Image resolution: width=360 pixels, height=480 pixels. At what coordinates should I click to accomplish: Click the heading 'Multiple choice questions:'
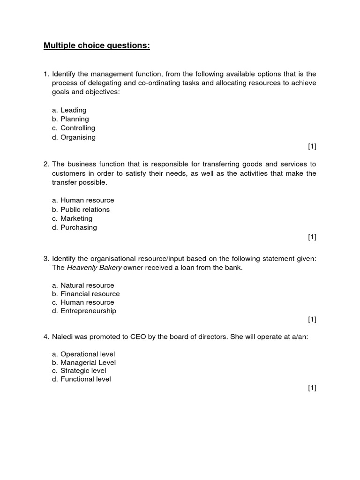(x=97, y=45)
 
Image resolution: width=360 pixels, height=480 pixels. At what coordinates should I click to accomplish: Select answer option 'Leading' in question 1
(x=73, y=110)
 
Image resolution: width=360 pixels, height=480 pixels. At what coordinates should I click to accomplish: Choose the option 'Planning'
(x=75, y=119)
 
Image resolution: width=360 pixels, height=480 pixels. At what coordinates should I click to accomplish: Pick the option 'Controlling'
(x=77, y=128)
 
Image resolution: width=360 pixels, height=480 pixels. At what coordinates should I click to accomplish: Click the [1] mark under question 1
(x=312, y=147)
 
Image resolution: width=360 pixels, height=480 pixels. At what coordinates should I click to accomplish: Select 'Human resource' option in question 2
(x=87, y=200)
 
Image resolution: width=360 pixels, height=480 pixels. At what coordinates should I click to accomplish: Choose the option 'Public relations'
(x=85, y=210)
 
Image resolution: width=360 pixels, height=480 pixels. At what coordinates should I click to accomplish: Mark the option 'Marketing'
(x=76, y=218)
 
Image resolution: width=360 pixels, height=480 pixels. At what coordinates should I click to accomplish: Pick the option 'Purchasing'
(x=78, y=227)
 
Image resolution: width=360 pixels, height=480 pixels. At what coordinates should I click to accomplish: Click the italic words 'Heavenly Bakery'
(x=94, y=268)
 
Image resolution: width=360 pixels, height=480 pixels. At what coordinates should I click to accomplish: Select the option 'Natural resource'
(x=87, y=285)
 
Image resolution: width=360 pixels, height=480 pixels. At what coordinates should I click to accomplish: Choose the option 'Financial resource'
(x=90, y=294)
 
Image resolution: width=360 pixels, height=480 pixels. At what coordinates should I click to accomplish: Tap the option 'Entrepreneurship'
(x=88, y=311)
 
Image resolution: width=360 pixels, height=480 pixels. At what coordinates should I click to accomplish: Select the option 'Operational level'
(x=88, y=354)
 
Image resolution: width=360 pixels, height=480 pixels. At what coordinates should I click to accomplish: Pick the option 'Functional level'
(x=85, y=379)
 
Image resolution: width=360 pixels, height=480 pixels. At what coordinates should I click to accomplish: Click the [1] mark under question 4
(x=312, y=388)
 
